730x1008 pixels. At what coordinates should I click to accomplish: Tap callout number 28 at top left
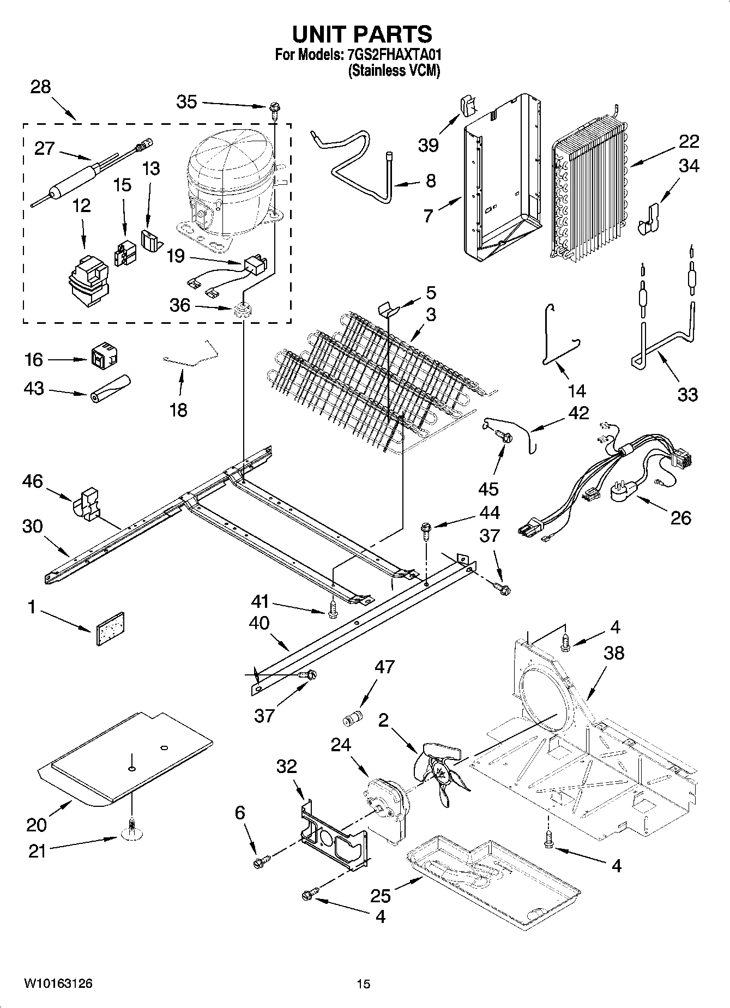[40, 87]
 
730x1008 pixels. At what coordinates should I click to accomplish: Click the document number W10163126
[58, 983]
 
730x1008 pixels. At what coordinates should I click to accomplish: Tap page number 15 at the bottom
[364, 984]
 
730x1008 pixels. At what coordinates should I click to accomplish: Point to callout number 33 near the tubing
[687, 394]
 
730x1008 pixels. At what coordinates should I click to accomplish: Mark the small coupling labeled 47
[352, 719]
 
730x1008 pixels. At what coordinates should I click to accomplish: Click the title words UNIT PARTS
[362, 34]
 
